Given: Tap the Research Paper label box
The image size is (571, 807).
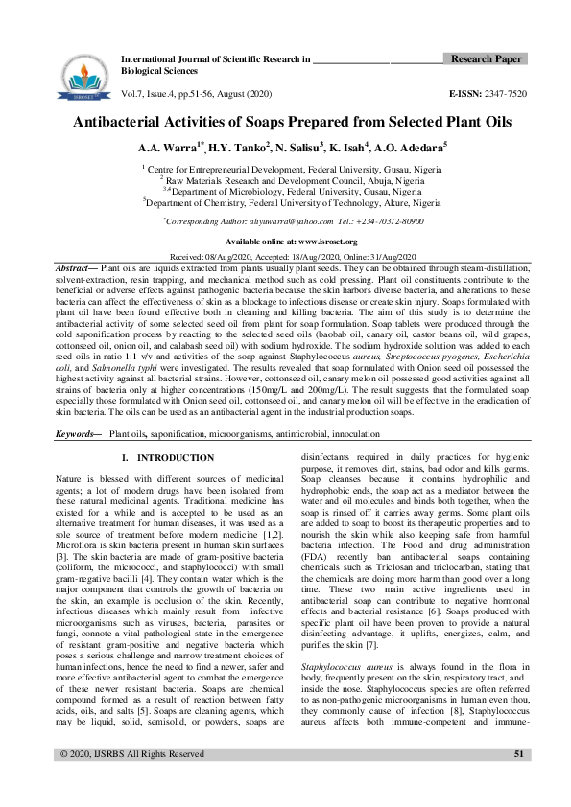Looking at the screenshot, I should click(487, 59).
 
